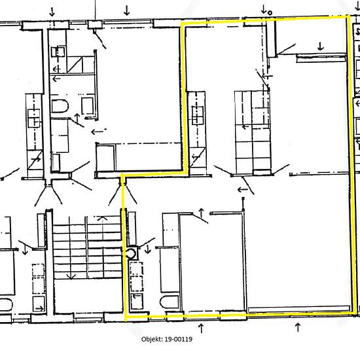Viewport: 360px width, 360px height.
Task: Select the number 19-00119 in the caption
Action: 179,339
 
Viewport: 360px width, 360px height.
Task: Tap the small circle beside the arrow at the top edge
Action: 270,13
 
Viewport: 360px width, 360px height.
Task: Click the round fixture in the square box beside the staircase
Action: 132,253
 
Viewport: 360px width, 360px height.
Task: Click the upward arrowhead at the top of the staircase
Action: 103,217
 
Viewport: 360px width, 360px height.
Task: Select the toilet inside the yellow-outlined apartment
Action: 170,302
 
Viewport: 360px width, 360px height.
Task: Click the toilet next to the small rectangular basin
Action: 60,106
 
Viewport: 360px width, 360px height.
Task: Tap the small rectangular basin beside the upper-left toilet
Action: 88,106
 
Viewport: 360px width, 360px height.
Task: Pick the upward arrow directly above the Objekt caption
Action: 201,328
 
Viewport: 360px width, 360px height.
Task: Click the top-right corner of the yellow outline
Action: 349,16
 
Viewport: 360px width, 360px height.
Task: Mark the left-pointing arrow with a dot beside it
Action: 98,132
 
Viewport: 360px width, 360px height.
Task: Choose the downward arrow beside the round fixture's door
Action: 148,249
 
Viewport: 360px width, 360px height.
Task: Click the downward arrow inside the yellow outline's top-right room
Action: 321,46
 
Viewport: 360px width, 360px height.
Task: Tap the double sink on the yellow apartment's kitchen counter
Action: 198,115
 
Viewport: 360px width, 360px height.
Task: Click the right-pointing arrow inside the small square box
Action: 39,308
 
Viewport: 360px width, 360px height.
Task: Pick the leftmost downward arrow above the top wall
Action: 52,12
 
